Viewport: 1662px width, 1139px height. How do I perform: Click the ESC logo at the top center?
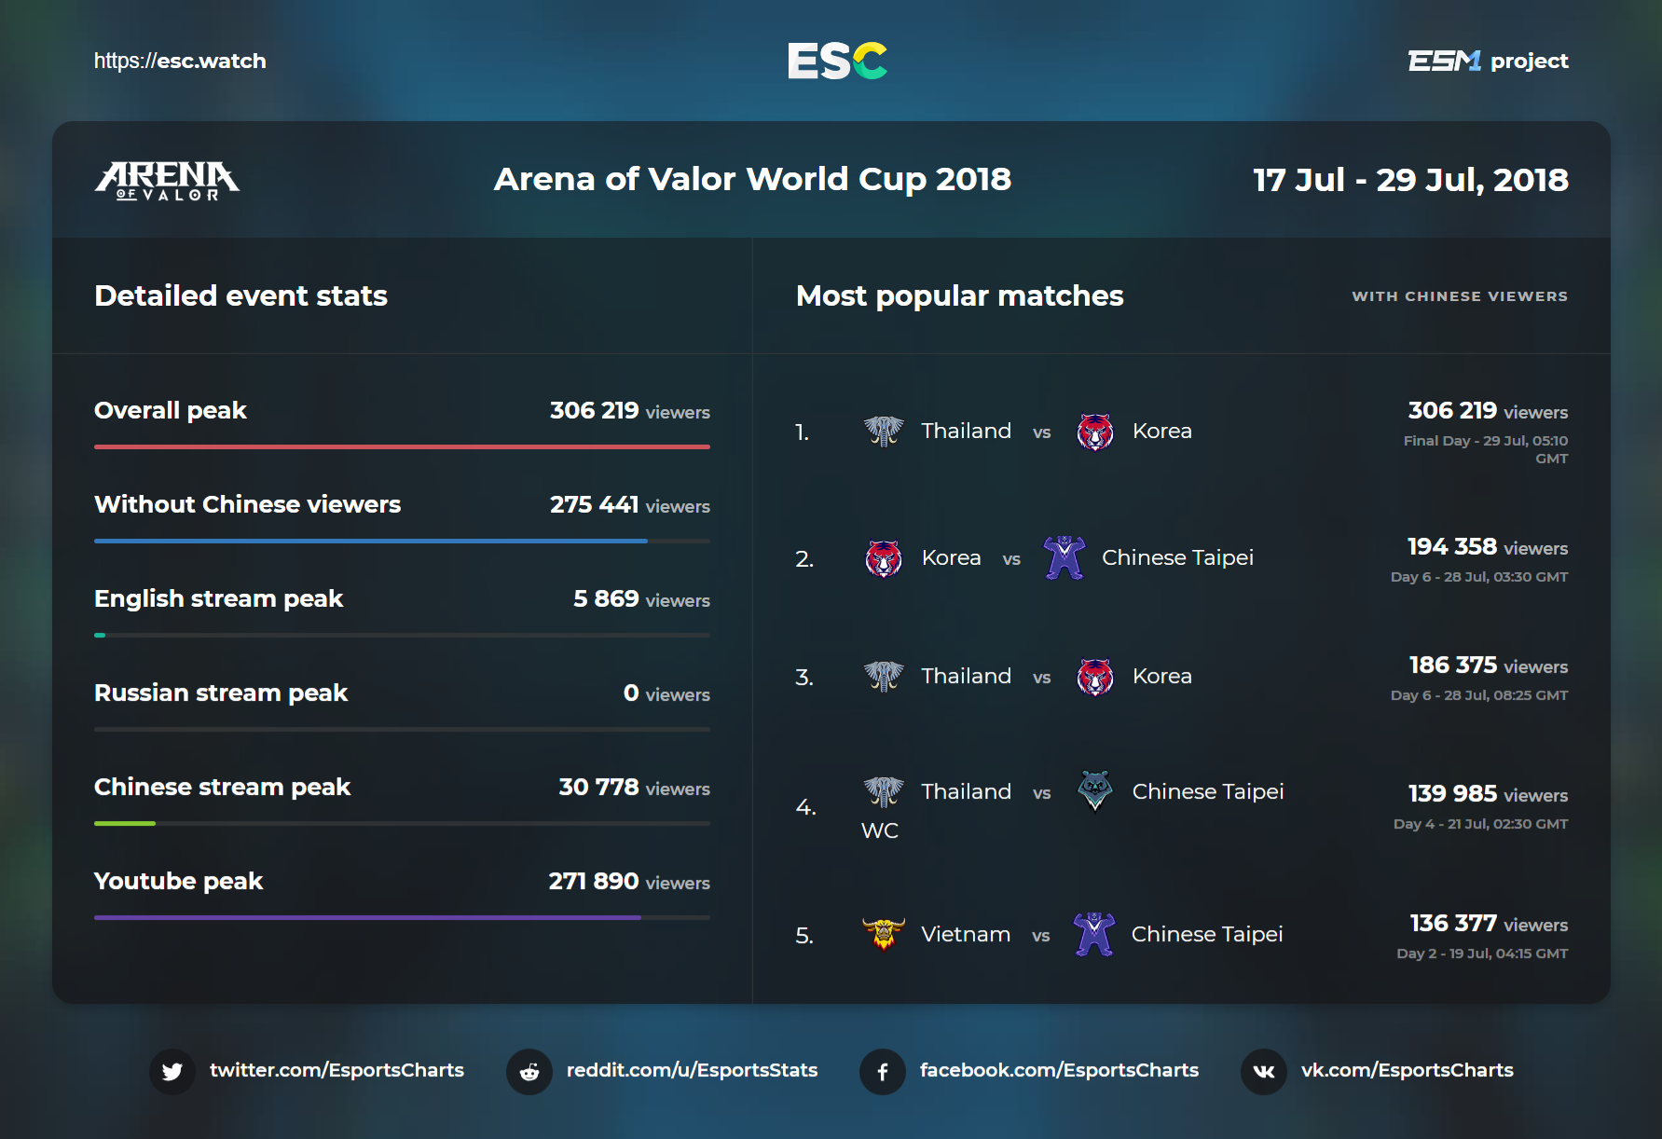point(837,61)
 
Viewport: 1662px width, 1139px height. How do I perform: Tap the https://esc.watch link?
point(180,62)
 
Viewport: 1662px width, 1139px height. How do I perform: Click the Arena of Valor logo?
point(167,180)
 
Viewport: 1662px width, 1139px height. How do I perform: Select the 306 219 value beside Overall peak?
point(595,410)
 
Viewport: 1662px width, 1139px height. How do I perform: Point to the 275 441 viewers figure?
point(630,504)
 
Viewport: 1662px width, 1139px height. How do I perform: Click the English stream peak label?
point(219,598)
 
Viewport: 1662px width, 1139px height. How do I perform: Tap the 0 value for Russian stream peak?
point(631,693)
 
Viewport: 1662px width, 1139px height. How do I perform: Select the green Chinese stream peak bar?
point(125,823)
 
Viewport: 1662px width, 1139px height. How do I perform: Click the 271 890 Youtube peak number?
point(594,881)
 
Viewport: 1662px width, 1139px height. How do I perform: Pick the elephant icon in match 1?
point(884,431)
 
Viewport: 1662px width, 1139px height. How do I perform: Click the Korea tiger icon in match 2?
point(884,558)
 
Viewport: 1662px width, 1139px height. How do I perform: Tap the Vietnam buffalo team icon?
point(884,933)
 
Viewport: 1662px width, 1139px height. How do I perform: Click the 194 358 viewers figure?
point(1488,546)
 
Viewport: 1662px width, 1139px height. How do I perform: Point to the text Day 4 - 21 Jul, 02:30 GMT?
point(1481,824)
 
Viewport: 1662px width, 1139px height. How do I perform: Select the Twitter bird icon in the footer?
point(172,1071)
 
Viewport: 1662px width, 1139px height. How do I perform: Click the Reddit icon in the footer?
point(529,1071)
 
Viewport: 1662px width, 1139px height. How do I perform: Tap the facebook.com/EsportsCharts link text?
point(1059,1070)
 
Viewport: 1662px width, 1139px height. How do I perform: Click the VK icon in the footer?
point(1264,1071)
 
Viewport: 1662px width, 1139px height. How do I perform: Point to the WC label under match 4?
point(880,830)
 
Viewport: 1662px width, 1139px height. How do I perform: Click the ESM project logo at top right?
point(1489,61)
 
